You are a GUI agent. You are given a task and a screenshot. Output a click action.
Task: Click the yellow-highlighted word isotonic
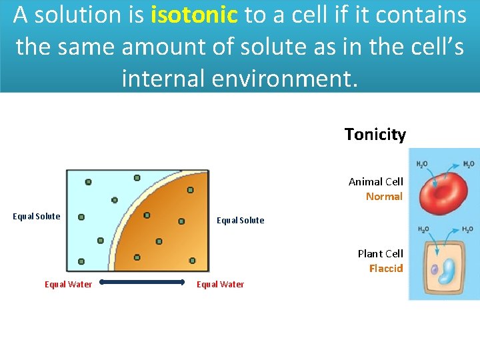point(194,15)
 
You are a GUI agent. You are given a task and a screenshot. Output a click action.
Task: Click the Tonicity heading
point(375,135)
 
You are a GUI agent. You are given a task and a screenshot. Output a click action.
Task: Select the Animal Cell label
point(375,181)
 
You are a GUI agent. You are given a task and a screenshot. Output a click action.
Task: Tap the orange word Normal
point(384,196)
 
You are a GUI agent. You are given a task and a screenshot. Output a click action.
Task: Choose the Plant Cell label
point(380,253)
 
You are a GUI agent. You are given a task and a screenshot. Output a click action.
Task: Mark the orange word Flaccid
point(386,268)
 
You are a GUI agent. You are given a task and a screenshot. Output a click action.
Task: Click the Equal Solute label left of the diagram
point(37,216)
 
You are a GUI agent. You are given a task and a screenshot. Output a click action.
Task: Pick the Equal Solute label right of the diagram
point(240,220)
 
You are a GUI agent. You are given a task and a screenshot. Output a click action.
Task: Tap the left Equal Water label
point(68,284)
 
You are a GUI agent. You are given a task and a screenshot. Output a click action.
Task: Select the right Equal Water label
point(220,284)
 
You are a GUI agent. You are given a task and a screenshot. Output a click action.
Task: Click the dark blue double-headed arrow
point(142,283)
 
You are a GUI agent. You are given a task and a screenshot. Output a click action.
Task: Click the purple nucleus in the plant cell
point(434,270)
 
